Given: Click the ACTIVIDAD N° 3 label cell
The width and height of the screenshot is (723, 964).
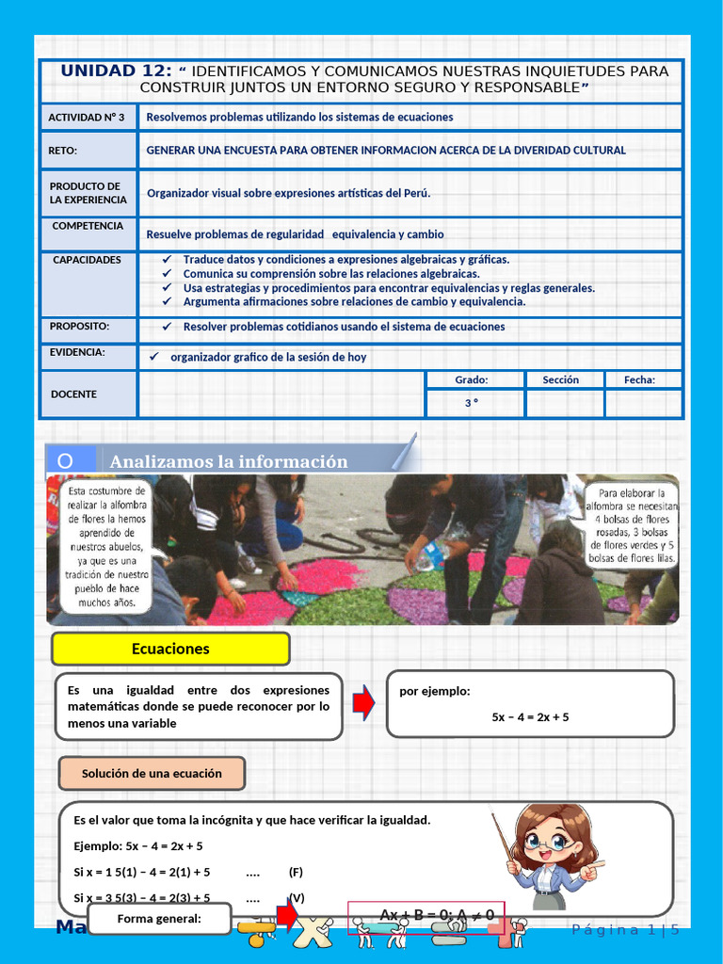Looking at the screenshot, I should (88, 118).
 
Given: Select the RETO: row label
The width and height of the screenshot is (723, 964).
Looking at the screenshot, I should (63, 151).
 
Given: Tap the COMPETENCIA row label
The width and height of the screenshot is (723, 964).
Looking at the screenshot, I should (88, 226).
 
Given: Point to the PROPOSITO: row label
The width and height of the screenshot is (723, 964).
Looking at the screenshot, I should (80, 327).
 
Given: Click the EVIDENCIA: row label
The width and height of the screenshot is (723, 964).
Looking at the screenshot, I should (77, 353).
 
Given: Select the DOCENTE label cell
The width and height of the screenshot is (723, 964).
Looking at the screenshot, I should (73, 394).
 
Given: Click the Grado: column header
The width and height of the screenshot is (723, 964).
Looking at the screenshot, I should (472, 379).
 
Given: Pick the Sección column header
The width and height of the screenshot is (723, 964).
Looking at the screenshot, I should (561, 379).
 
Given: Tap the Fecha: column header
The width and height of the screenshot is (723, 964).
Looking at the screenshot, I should (640, 379).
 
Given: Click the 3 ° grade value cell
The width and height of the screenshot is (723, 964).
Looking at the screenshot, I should (472, 403).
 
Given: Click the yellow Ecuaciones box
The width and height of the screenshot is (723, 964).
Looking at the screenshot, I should (170, 649).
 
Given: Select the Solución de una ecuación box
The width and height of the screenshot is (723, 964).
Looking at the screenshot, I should (152, 774).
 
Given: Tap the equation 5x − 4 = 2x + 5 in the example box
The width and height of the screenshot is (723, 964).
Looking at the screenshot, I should (530, 717).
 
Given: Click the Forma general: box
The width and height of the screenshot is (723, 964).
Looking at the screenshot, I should (159, 919).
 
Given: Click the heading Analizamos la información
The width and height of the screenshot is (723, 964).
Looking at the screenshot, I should (229, 461).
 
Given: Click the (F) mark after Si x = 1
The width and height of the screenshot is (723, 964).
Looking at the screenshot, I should (296, 872).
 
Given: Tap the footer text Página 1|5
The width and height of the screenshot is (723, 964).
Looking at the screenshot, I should (625, 930).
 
